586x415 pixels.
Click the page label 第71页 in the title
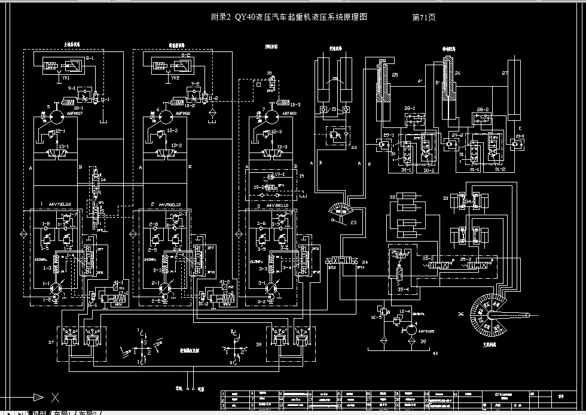(424, 17)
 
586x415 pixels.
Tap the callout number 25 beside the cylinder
(395, 75)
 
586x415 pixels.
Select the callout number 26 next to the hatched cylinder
(457, 74)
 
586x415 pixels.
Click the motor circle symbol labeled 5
(56, 115)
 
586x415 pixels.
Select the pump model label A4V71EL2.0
(60, 204)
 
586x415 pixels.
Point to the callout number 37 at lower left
(50, 342)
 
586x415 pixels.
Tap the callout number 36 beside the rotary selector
(460, 313)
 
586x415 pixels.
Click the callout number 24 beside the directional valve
(365, 262)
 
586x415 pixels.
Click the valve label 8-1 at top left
(90, 57)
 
